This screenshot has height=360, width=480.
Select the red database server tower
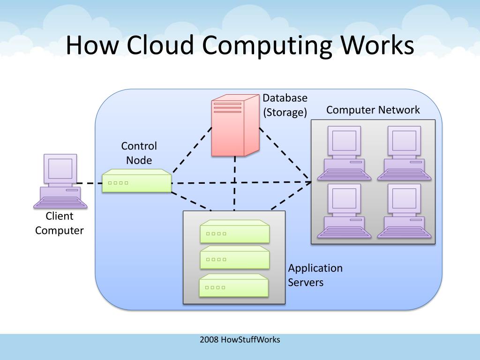(234, 124)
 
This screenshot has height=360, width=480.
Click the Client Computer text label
(59, 223)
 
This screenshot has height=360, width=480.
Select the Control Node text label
(139, 153)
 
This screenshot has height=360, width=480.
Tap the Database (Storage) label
(285, 105)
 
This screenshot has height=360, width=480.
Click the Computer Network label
(373, 110)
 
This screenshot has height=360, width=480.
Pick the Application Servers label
(315, 275)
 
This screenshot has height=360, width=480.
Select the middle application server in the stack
(235, 258)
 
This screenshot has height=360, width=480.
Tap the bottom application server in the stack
(234, 285)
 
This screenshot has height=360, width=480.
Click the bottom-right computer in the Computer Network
(404, 211)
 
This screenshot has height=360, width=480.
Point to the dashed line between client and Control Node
(89, 183)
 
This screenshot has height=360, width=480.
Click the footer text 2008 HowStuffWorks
(240, 339)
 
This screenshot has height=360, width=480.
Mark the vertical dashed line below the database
(234, 183)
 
